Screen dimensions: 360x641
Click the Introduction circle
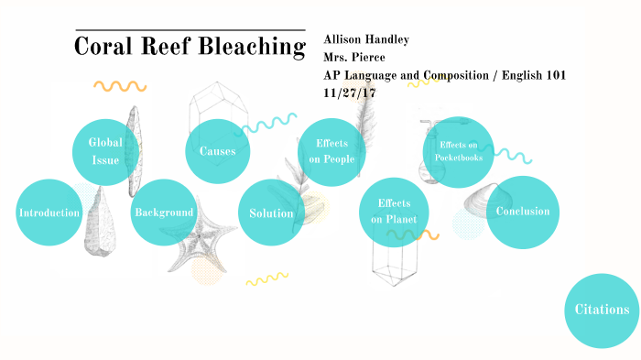click(49, 213)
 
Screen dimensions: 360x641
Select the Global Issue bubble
click(105, 151)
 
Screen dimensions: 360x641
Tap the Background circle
click(164, 213)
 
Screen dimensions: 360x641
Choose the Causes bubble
click(218, 151)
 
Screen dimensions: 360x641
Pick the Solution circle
click(271, 213)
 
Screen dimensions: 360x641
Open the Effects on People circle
click(331, 151)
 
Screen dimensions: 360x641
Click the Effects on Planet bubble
click(394, 212)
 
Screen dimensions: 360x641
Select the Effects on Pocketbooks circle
click(458, 151)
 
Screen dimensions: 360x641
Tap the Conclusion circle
click(522, 212)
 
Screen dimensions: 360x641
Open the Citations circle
click(601, 310)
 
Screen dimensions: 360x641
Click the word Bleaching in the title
click(245, 46)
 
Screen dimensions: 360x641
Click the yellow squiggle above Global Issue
click(120, 87)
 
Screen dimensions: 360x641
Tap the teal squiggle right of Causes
click(273, 122)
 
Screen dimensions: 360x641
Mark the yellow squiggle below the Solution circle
click(267, 278)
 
